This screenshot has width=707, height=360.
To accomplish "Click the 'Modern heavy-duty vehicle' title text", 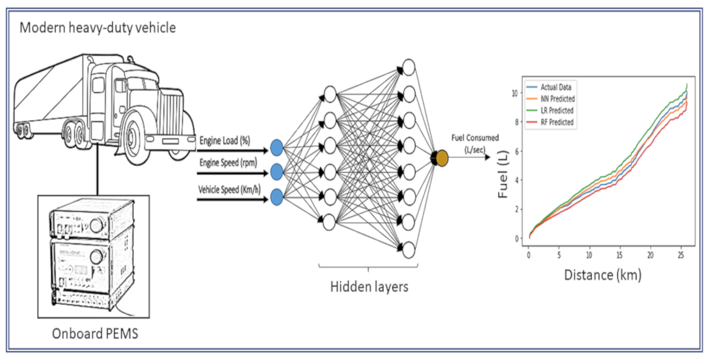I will (98, 28).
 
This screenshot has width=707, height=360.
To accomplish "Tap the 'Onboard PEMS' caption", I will (95, 333).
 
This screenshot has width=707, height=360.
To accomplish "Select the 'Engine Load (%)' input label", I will (224, 140).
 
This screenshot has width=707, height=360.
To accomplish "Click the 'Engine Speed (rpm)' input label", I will (228, 163).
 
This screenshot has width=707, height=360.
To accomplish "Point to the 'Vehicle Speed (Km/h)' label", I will (229, 190).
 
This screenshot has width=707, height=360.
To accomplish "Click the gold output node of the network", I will (442, 158).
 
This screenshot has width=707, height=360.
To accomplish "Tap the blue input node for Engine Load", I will (276, 147).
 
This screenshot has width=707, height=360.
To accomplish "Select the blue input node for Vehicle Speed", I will (276, 197).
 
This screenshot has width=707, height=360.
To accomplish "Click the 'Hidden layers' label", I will (369, 286).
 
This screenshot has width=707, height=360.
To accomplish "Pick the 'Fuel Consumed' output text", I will (475, 138).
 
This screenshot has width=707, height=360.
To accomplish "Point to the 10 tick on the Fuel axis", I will (515, 93).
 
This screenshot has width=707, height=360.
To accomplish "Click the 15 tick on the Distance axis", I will (619, 255).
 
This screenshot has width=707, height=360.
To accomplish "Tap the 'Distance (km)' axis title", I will (603, 275).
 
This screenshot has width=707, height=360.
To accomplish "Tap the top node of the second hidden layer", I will (409, 67).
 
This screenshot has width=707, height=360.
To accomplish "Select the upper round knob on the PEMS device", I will (96, 224).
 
